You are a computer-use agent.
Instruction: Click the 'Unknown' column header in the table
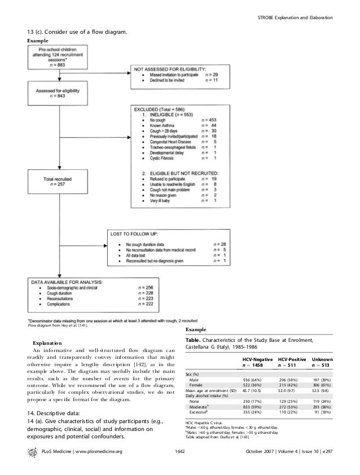(322, 359)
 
